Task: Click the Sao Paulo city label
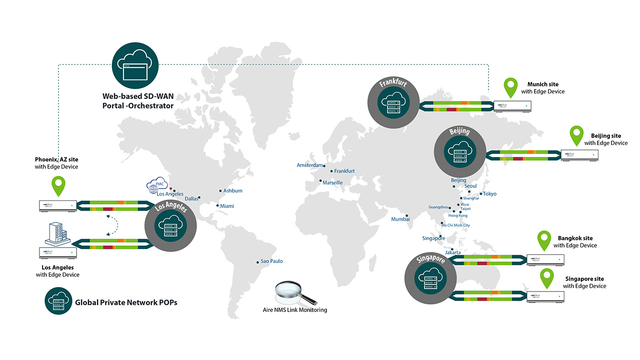tap(271, 261)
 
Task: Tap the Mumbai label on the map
tap(400, 219)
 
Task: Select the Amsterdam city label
tap(310, 165)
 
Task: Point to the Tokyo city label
tap(489, 193)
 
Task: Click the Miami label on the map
tap(226, 206)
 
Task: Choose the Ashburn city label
tap(232, 190)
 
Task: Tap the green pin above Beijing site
tap(577, 135)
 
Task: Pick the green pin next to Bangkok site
tap(544, 240)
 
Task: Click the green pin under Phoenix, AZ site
tap(59, 185)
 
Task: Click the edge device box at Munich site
tap(512, 106)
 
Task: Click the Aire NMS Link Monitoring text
tap(295, 310)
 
